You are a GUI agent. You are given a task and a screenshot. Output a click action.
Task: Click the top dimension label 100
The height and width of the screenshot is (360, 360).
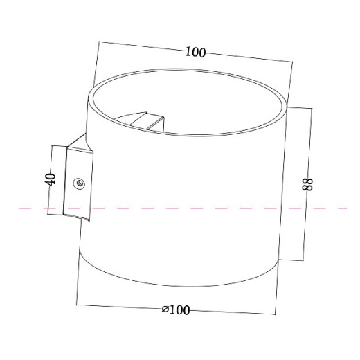[196, 53]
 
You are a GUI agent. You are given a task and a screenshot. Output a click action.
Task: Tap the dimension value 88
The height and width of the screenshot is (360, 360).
[309, 184]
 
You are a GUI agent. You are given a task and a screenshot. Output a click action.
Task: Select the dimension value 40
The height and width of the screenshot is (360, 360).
[49, 179]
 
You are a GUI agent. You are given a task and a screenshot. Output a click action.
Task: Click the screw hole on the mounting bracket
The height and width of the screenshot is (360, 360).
[78, 183]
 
